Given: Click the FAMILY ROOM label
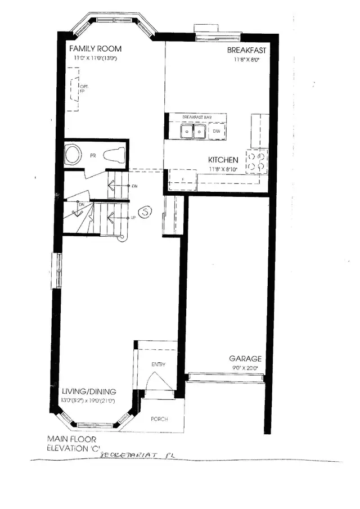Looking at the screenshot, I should tap(94, 49).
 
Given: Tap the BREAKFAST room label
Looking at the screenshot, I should tap(246, 51).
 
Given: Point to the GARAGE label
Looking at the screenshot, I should tap(245, 358).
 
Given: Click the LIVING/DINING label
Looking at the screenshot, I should tap(89, 391).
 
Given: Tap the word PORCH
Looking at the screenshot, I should tap(159, 419).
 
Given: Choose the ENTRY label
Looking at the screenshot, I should tap(158, 364).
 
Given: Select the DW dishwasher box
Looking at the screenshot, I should tap(217, 131).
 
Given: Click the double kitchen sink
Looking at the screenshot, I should tap(193, 132).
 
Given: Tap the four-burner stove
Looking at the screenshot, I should tap(258, 161).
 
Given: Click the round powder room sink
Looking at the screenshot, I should tap(73, 154).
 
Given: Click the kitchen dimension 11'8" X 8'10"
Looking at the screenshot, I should tap(223, 169).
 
